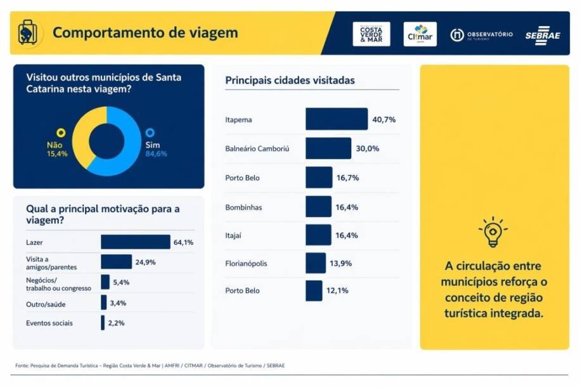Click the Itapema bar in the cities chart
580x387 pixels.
tap(336, 119)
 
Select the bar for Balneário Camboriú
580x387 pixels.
tap(328, 148)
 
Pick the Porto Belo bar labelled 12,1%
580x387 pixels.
tap(314, 291)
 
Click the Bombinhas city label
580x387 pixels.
tap(243, 207)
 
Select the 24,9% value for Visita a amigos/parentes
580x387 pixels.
tap(145, 262)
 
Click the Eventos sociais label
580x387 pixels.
tap(49, 323)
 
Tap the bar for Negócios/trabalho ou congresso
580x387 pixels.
tap(105, 282)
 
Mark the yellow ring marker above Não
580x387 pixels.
tap(61, 133)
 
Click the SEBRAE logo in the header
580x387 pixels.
tap(543, 36)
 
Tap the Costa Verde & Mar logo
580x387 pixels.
tap(371, 34)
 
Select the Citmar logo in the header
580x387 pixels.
tap(420, 34)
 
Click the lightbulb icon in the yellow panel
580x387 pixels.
tap(493, 232)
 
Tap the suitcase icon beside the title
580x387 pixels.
tap(27, 32)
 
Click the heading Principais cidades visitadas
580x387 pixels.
tap(290, 81)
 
